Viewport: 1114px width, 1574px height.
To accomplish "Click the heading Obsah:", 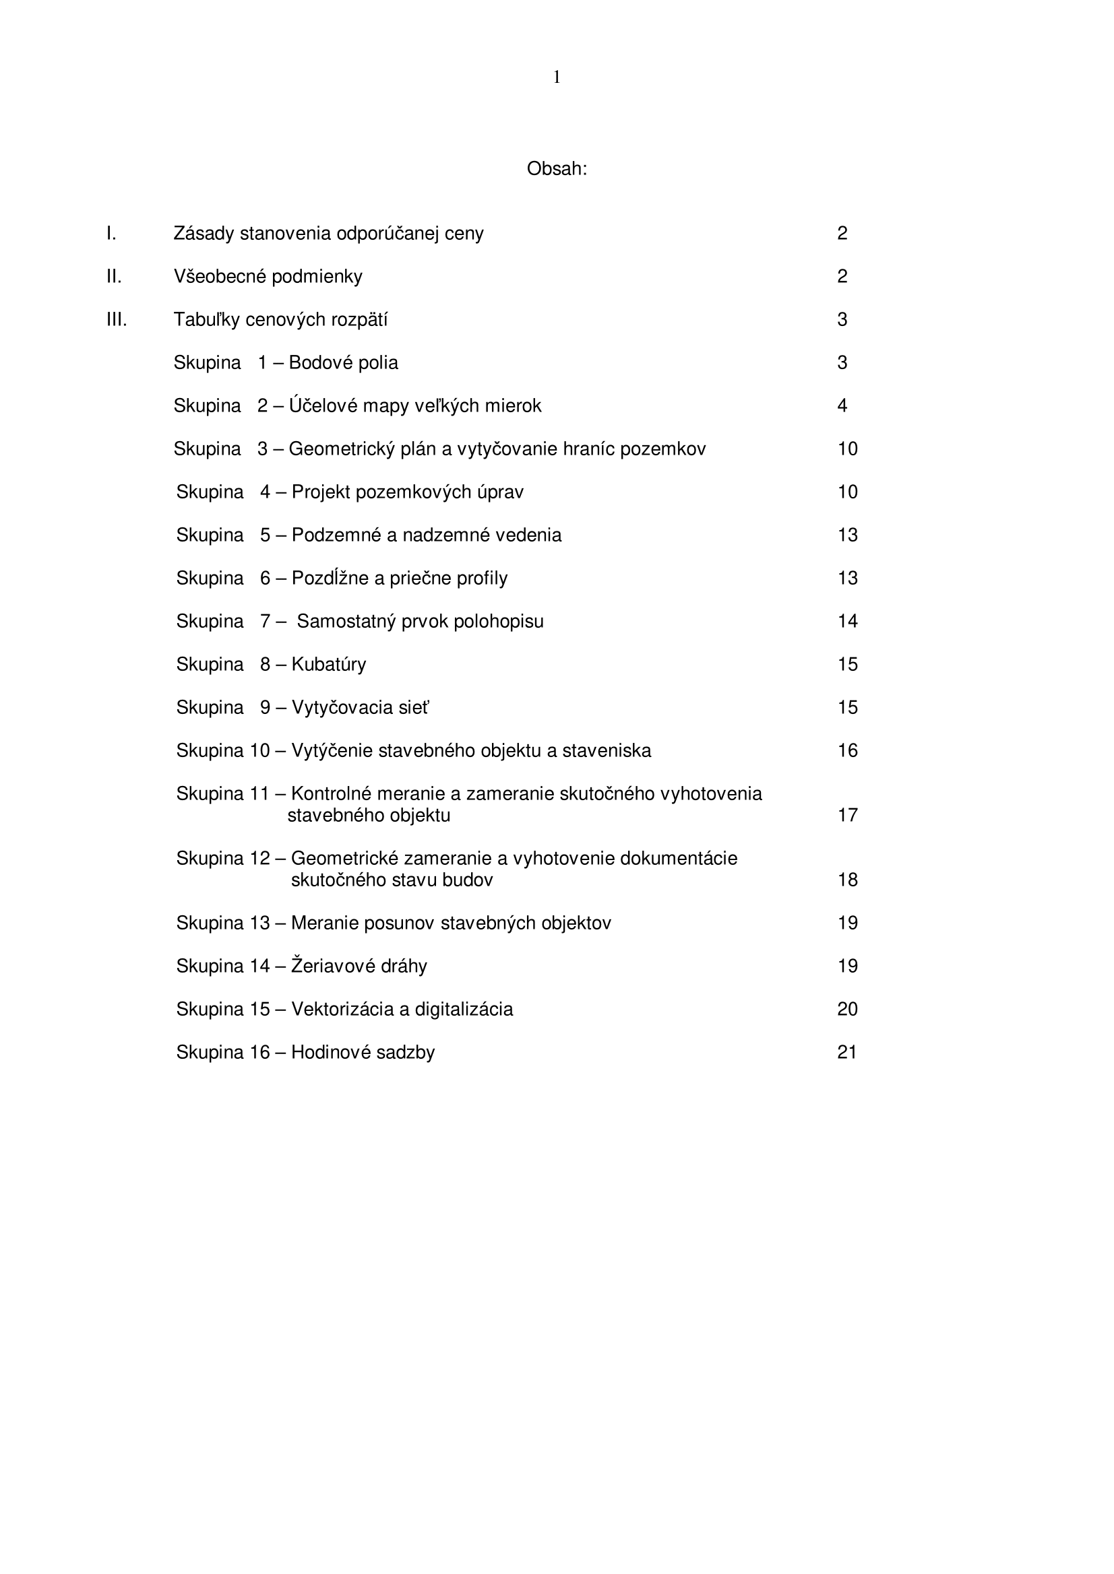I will click(556, 168).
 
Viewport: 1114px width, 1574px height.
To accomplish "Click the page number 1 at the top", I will click(556, 77).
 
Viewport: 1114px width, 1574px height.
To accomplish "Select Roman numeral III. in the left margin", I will click(117, 319).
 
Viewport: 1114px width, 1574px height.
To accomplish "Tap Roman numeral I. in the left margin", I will click(111, 233).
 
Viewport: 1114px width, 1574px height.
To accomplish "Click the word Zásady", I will click(204, 234).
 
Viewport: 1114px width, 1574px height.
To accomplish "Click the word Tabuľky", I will click(206, 320).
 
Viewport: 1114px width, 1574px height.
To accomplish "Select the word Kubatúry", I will click(329, 664).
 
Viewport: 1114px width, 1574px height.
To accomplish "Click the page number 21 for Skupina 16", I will click(847, 1052).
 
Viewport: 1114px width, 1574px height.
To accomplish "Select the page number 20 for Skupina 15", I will click(847, 1009).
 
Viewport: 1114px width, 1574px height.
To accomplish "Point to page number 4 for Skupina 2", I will click(842, 406).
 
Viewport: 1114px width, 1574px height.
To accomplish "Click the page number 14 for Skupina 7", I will click(847, 621).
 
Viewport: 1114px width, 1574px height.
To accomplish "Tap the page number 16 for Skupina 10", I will click(847, 751).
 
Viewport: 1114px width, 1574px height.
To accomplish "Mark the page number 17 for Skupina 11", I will click(847, 815).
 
